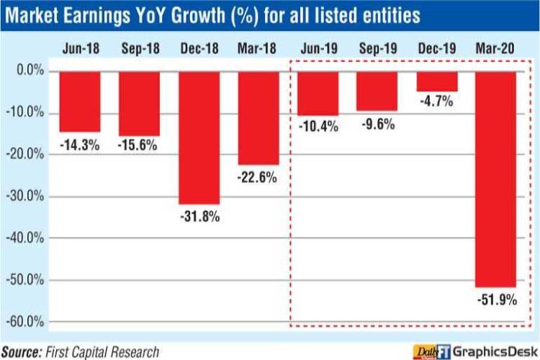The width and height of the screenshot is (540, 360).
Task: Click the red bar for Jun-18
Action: tap(79, 102)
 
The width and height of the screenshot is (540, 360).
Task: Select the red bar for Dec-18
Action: tap(199, 138)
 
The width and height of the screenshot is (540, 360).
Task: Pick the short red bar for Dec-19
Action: tap(436, 81)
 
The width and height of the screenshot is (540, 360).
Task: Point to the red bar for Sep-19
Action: tap(376, 91)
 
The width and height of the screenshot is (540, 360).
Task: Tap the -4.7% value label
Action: tap(435, 102)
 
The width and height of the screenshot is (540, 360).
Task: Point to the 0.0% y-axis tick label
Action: tap(30, 71)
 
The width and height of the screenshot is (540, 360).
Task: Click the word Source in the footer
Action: tap(24, 351)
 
